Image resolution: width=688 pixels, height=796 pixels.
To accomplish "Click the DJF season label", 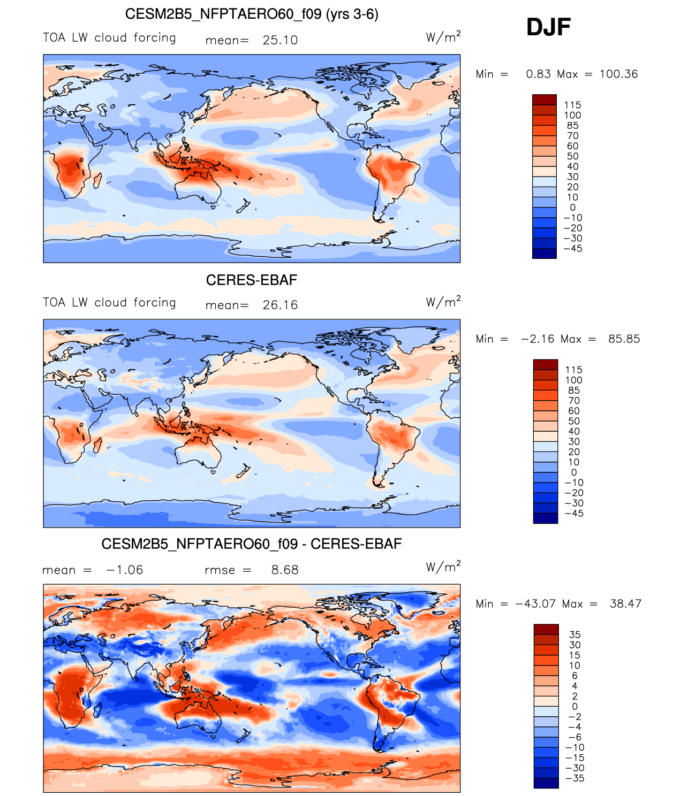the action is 548,27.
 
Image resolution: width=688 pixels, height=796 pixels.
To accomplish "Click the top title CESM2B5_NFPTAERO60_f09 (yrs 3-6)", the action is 252,14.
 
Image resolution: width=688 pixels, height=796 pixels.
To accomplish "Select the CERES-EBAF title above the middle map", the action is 252,280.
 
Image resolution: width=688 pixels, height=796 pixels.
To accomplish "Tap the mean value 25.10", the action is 280,40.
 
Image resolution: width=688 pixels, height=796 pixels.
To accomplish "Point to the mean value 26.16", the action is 280,305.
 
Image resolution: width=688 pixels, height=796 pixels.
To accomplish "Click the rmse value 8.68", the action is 285,570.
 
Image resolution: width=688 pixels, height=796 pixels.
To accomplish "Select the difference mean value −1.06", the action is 125,570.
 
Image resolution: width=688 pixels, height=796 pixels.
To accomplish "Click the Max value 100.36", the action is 618,74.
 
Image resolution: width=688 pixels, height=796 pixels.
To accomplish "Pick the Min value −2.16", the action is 538,339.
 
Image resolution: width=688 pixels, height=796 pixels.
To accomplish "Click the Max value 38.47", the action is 625,604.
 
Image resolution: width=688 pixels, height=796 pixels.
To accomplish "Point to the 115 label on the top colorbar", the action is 573,105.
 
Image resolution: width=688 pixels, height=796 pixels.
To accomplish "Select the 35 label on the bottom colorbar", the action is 574,634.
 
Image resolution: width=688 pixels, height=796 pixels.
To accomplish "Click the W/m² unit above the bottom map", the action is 443,567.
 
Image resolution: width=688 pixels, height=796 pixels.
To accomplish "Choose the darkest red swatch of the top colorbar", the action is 544,99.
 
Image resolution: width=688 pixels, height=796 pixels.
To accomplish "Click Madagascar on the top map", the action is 97,180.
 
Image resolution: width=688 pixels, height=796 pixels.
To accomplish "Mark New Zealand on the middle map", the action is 244,472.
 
